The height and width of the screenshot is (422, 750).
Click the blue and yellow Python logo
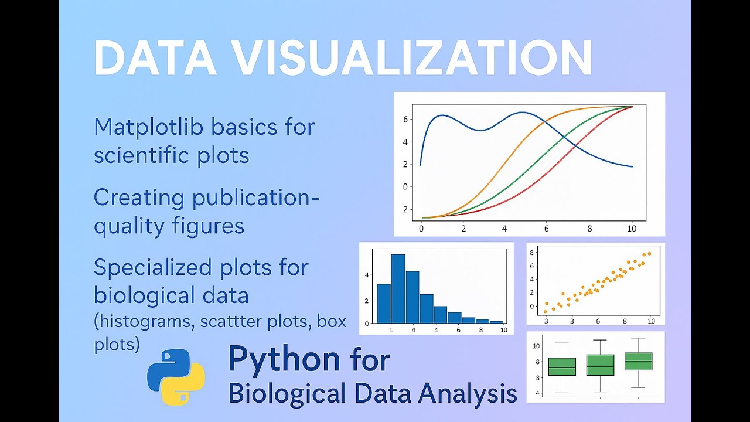[x=176, y=377]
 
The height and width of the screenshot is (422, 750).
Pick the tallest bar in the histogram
[x=398, y=288]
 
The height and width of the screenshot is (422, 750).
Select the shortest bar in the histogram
[x=496, y=321]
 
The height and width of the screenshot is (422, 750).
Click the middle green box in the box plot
[x=601, y=365]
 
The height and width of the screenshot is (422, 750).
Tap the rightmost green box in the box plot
[x=639, y=361]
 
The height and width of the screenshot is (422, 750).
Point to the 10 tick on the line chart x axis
[x=631, y=228]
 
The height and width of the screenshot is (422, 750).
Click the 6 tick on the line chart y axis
[x=405, y=120]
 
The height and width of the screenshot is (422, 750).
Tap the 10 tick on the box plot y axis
[x=536, y=346]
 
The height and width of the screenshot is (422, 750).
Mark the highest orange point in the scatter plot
[x=649, y=254]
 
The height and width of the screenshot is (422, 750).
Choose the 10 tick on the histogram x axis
[x=504, y=330]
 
